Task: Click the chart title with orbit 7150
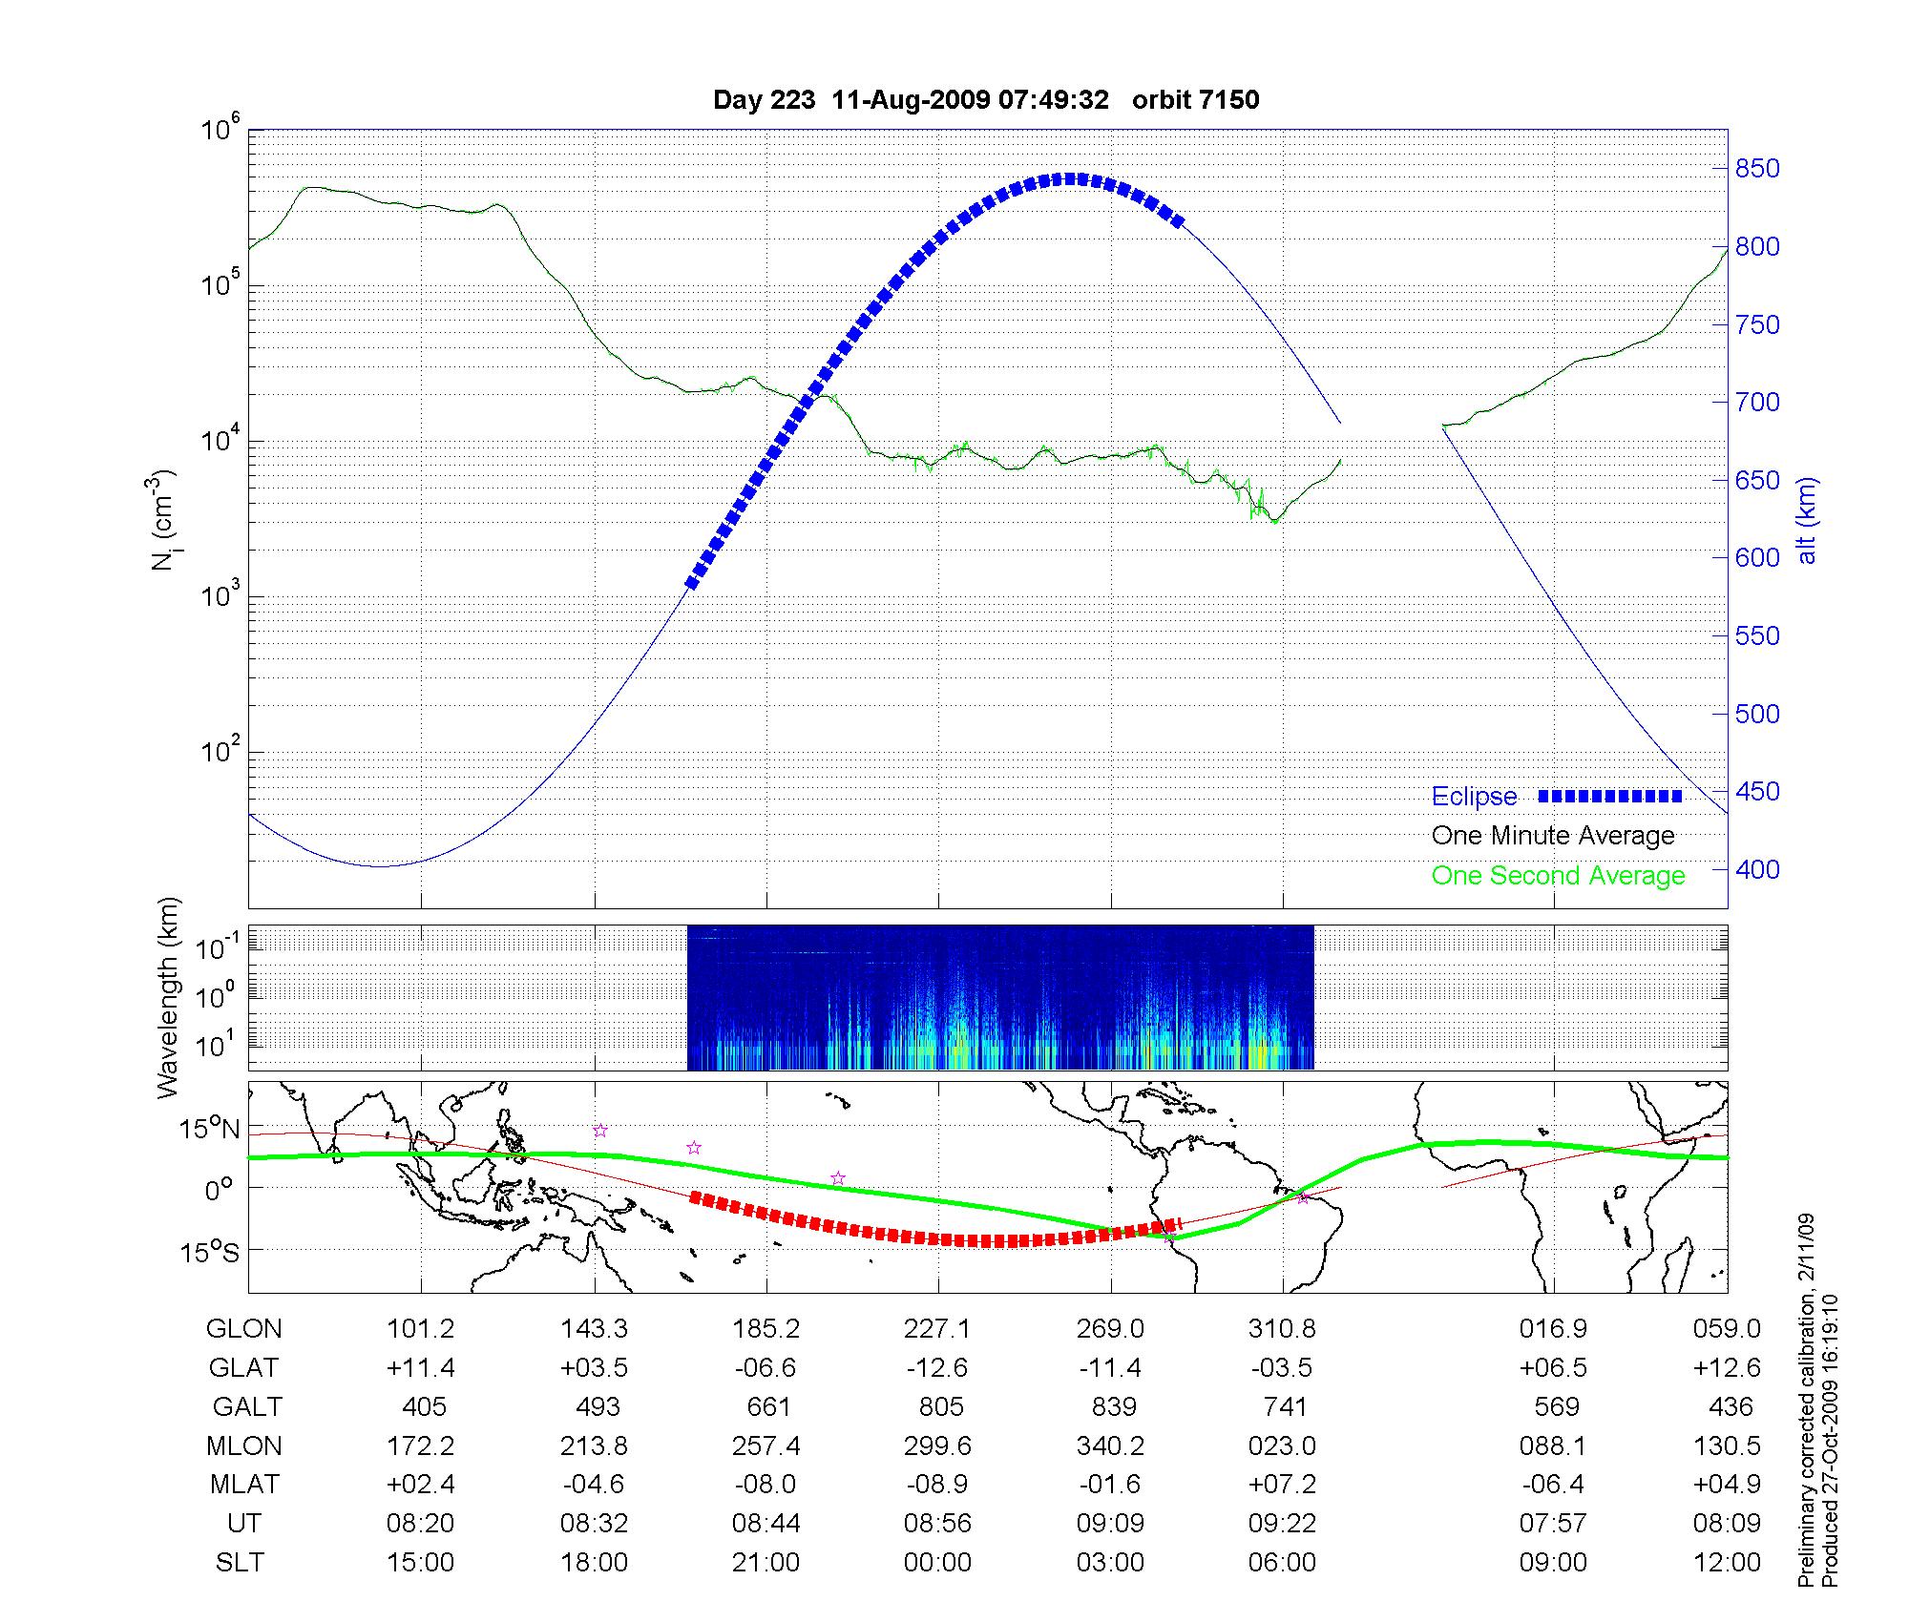coord(986,100)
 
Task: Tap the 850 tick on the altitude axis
coord(1757,169)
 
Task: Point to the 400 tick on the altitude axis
coord(1757,869)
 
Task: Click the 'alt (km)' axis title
coord(1807,520)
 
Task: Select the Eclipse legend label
coord(1474,797)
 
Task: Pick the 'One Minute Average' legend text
coord(1553,836)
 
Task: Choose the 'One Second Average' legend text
coord(1558,876)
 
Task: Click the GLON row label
coord(244,1329)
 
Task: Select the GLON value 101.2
coord(420,1329)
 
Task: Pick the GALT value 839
coord(1113,1407)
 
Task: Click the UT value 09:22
coord(1282,1524)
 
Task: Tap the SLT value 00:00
coord(937,1563)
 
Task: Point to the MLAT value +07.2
coord(1282,1485)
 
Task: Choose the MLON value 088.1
coord(1552,1446)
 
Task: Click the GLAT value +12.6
coord(1726,1368)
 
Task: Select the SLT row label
coord(241,1563)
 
